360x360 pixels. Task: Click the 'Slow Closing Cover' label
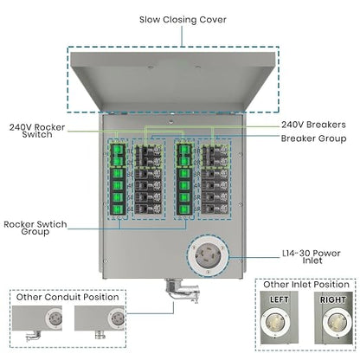[x=183, y=20]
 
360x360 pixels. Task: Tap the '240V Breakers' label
[x=313, y=125]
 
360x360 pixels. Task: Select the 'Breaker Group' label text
[x=313, y=138]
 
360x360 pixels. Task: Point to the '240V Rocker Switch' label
[x=37, y=131]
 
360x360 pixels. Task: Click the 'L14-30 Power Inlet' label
[x=312, y=257]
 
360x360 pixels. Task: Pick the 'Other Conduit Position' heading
[x=67, y=297]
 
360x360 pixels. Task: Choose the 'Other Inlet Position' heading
[x=306, y=285]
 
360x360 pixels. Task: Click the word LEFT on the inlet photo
[x=279, y=299]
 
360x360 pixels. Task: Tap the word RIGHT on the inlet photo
[x=333, y=300]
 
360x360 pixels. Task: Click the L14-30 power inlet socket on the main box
[x=208, y=256]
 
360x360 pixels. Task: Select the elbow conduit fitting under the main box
[x=182, y=290]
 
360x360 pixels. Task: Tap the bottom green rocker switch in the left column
[x=118, y=209]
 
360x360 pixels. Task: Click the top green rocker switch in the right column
[x=184, y=150]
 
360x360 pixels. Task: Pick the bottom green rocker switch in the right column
[x=184, y=209]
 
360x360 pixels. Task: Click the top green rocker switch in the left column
[x=118, y=150]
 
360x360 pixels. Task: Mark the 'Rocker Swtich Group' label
[x=35, y=228]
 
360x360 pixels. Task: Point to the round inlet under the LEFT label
[x=275, y=323]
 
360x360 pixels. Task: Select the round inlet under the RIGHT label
[x=337, y=323]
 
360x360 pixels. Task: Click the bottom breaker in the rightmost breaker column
[x=215, y=209]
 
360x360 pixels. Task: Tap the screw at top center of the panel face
[x=171, y=122]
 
